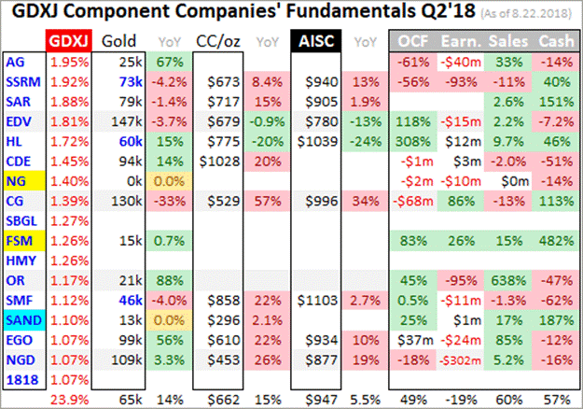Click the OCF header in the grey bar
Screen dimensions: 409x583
412,41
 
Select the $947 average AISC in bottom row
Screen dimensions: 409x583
314,400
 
